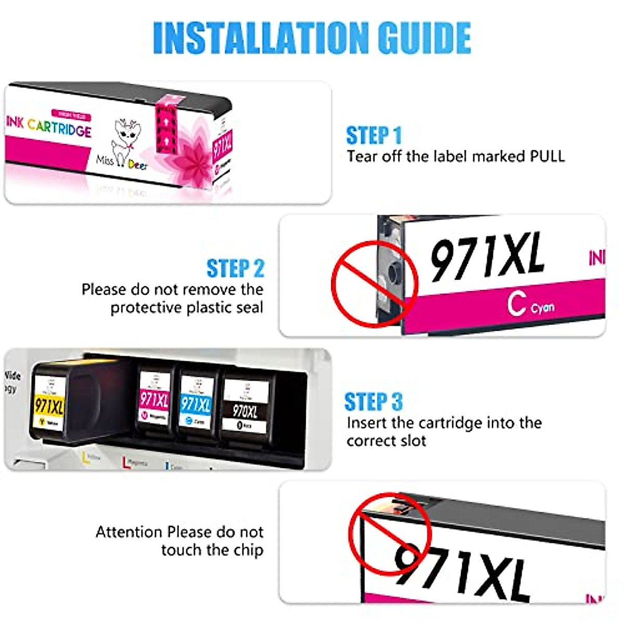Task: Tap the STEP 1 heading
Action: coord(374,136)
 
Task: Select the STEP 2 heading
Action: coord(236,269)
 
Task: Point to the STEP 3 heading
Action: coord(373,402)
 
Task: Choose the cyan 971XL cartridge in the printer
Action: coord(196,402)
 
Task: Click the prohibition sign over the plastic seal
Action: coord(374,283)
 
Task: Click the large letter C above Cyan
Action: coord(516,304)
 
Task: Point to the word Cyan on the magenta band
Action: coord(542,308)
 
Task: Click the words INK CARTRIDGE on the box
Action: coord(49,126)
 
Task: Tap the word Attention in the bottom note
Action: coord(129,532)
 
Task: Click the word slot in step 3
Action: coord(413,441)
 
